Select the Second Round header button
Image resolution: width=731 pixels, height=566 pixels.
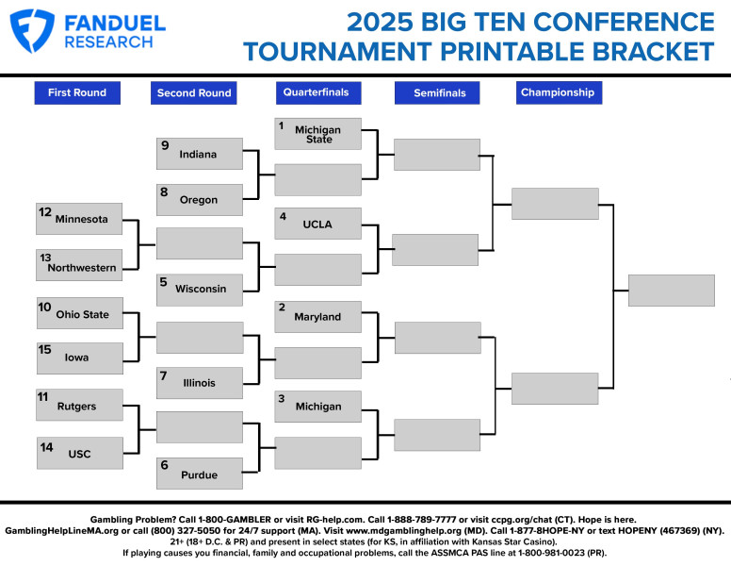pyautogui.click(x=194, y=92)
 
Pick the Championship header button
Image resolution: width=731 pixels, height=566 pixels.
pyautogui.click(x=558, y=92)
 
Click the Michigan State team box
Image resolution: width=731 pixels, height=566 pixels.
pyautogui.click(x=317, y=134)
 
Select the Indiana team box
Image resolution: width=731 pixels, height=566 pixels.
pyautogui.click(x=200, y=155)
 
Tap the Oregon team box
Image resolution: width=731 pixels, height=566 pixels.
pyautogui.click(x=200, y=200)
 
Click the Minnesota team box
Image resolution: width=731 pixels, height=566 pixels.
pyautogui.click(x=80, y=219)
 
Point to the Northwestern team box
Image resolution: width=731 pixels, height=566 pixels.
pyautogui.click(x=80, y=266)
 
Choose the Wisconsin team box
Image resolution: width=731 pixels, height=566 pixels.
pyautogui.click(x=200, y=289)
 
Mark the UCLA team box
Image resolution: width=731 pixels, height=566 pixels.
pyautogui.click(x=317, y=225)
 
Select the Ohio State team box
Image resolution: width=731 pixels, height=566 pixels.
pyautogui.click(x=80, y=314)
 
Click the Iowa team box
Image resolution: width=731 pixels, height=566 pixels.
pyautogui.click(x=80, y=358)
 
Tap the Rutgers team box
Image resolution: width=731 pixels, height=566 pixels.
pyautogui.click(x=80, y=406)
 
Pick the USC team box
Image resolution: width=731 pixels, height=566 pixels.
pyautogui.click(x=80, y=453)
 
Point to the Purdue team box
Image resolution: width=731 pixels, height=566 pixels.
pyautogui.click(x=200, y=474)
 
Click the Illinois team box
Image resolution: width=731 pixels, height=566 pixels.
pyautogui.click(x=200, y=382)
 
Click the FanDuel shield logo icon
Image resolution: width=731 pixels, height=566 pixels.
pyautogui.click(x=33, y=30)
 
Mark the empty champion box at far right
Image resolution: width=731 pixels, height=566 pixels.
pyautogui.click(x=672, y=291)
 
